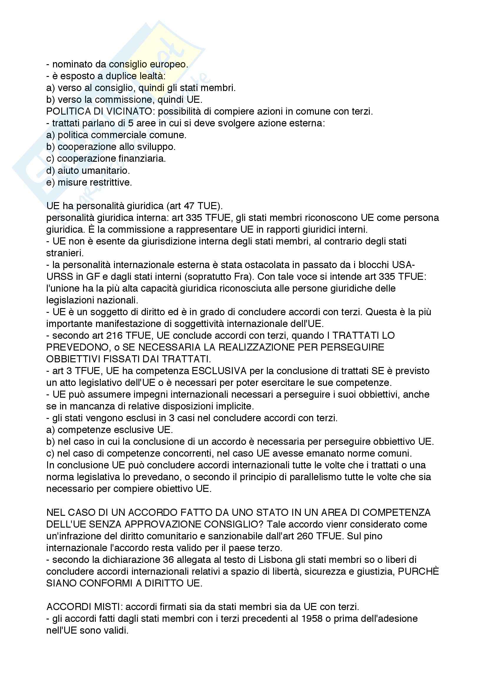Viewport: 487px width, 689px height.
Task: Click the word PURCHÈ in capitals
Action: tap(418, 572)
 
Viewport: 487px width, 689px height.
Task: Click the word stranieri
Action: tap(65, 253)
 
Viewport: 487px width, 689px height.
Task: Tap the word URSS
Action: tap(58, 277)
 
